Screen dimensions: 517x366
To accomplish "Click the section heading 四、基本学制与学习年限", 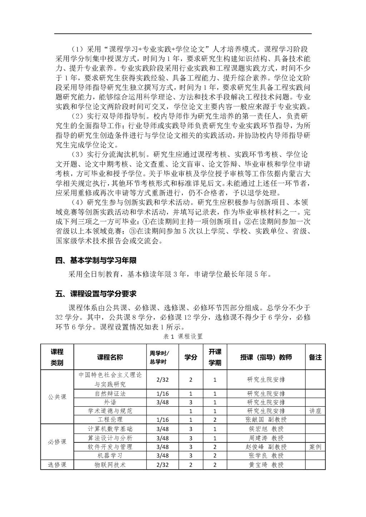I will (96, 260).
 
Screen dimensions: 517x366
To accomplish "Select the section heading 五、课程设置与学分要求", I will (96, 294).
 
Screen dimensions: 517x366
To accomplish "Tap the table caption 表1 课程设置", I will (183, 336).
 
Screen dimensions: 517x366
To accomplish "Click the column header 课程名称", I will (110, 357).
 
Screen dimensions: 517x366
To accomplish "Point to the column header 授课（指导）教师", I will (266, 357).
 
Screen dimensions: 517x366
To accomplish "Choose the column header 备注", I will (315, 357).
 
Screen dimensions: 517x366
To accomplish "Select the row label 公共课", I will (57, 397).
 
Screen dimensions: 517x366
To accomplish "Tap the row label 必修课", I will (57, 442).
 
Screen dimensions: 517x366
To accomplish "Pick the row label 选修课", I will (57, 465).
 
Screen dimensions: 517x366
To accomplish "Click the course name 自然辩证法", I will (110, 393).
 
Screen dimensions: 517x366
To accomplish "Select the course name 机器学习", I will (110, 456).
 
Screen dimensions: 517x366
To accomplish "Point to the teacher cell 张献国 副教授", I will (266, 420).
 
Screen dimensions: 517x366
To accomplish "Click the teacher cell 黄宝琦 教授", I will (266, 465).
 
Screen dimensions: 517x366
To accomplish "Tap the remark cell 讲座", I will (315, 411).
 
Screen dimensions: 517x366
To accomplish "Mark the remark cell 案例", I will (315, 447).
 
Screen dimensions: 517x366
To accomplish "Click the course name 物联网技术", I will (110, 465).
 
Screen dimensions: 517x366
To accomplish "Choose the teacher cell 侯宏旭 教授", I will (266, 429).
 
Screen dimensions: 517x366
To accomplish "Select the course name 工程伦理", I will (110, 420).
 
